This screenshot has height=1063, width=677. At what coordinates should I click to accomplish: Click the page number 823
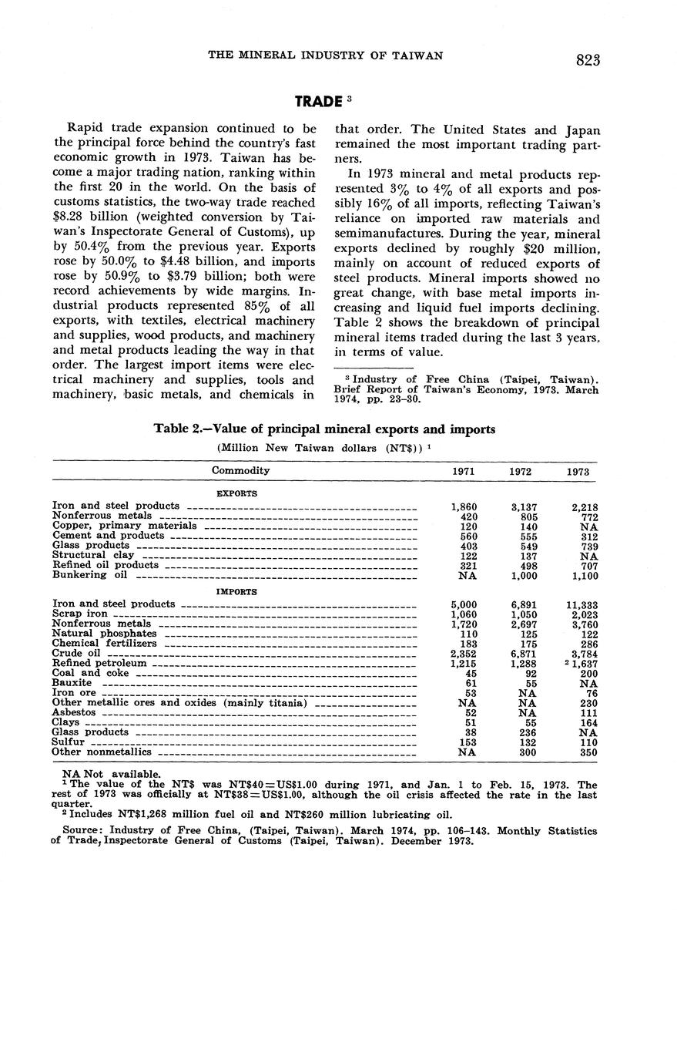point(587,61)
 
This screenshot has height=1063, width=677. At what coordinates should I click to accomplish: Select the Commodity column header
point(240,470)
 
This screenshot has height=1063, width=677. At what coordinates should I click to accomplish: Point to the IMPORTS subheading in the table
point(236,592)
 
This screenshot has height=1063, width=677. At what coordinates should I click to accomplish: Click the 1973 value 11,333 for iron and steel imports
point(580,605)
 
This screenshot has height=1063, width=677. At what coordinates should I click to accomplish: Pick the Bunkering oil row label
point(89,575)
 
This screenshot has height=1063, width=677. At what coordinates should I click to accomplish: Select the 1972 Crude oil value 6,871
point(524,654)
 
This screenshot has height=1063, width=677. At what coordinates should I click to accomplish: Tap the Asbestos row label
point(74,713)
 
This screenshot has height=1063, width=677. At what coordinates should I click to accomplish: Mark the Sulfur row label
point(67,742)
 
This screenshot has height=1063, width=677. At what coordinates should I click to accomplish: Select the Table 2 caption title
point(324,429)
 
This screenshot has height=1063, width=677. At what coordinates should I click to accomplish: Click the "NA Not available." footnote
point(112,774)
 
